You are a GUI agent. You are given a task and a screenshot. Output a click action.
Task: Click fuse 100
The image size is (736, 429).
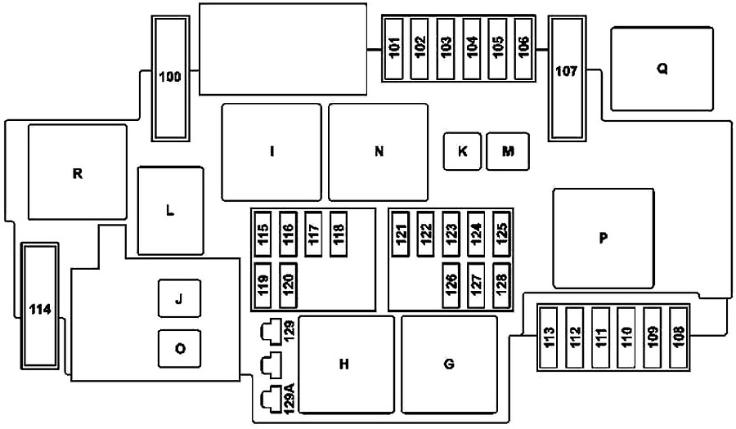click(170, 78)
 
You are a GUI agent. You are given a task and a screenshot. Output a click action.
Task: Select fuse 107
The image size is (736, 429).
click(567, 78)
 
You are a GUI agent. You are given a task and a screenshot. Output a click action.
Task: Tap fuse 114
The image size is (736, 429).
click(40, 306)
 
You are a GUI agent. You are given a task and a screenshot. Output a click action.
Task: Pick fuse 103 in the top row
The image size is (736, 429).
click(446, 49)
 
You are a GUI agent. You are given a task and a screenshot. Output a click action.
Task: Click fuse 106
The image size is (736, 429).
click(523, 49)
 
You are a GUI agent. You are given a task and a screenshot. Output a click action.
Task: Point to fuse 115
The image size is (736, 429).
click(263, 234)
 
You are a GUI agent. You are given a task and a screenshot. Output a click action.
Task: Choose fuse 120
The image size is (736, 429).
click(288, 285)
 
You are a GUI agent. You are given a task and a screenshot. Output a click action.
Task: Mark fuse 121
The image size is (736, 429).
click(401, 234)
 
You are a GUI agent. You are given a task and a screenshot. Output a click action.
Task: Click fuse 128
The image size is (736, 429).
click(501, 285)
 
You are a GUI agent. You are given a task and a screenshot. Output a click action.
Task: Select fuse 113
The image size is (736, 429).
click(548, 337)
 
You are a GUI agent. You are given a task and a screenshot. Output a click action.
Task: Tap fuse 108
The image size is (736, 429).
click(678, 337)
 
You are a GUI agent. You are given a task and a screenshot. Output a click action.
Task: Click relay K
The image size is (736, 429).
click(462, 151)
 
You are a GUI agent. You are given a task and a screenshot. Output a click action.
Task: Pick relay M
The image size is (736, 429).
click(508, 151)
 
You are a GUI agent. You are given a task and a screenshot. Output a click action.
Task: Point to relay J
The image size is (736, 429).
click(179, 298)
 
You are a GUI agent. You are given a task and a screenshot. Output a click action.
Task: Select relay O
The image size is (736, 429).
click(179, 348)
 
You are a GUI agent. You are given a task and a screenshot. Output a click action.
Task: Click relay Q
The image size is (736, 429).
click(662, 69)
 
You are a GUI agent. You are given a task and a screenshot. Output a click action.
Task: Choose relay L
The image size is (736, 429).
click(170, 211)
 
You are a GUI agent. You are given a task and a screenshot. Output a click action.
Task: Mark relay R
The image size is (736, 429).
click(78, 172)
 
